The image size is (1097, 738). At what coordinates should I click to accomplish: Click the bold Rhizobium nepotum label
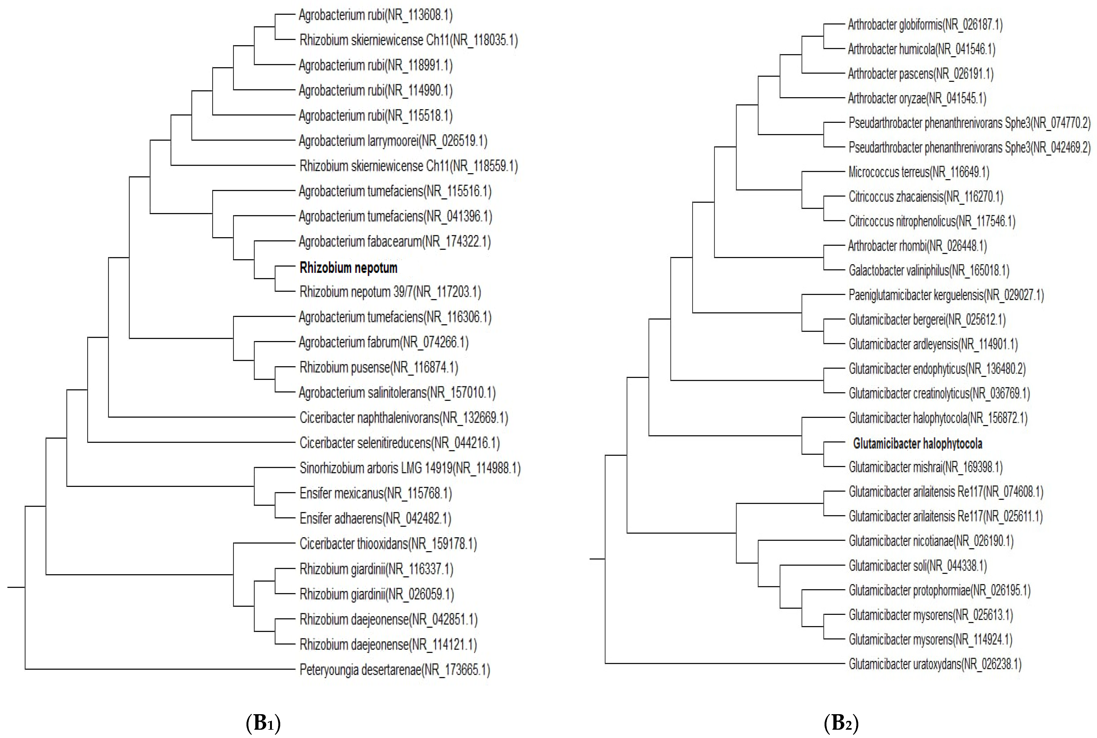pyautogui.click(x=348, y=268)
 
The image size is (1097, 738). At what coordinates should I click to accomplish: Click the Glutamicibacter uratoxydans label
pyautogui.click(x=935, y=664)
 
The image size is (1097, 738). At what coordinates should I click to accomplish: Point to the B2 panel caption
pyautogui.click(x=841, y=722)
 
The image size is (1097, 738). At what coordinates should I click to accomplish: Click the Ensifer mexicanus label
pyautogui.click(x=375, y=493)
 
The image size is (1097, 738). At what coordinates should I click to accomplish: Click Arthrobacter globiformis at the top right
pyautogui.click(x=925, y=24)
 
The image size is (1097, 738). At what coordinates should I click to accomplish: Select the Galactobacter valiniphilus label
pyautogui.click(x=928, y=270)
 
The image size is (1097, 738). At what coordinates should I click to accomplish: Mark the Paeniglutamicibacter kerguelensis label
pyautogui.click(x=946, y=295)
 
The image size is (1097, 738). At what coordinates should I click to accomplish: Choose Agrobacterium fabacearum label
pyautogui.click(x=394, y=241)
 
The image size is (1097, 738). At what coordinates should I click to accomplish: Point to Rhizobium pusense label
pyautogui.click(x=378, y=367)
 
